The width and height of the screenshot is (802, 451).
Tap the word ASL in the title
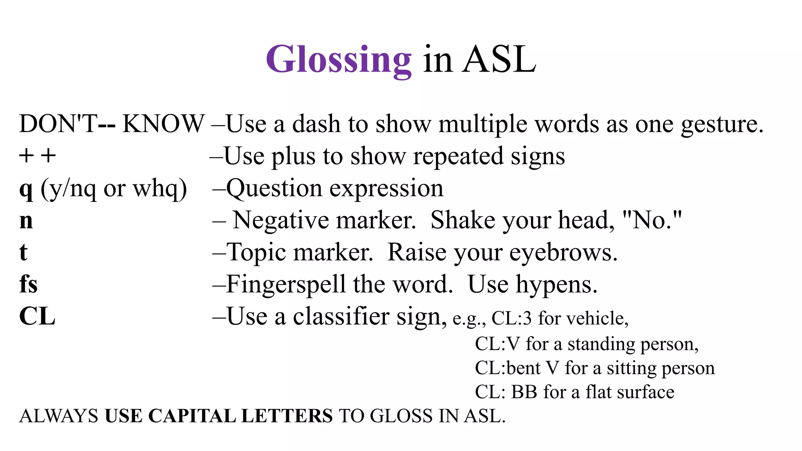(499, 60)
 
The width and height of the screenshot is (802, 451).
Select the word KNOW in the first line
(163, 124)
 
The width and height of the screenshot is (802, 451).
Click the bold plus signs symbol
(38, 156)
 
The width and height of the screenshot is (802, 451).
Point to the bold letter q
(26, 189)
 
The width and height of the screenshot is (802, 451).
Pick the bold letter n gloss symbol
(26, 221)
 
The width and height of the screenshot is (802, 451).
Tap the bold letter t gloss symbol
(23, 252)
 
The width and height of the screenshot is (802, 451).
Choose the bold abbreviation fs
(29, 284)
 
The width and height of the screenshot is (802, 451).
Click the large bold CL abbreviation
(37, 316)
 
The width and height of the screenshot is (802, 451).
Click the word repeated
(458, 157)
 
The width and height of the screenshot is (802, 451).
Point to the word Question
(274, 189)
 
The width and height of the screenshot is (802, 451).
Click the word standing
(601, 345)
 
